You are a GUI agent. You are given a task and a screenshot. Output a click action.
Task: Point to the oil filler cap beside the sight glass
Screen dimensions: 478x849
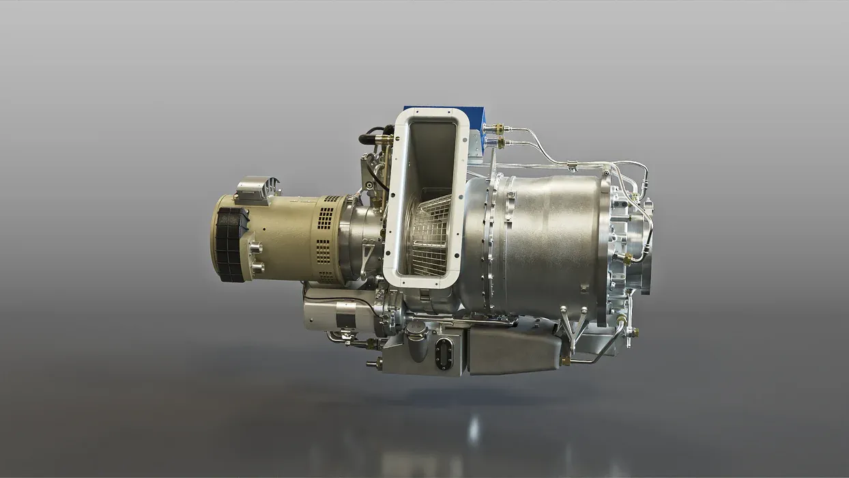(416, 335)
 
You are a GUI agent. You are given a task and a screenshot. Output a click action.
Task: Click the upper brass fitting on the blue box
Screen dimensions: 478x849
(497, 128)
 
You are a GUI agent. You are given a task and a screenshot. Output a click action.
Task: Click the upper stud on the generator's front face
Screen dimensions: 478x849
(256, 248)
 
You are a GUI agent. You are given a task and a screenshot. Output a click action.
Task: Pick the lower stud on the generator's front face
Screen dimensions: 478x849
(257, 268)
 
